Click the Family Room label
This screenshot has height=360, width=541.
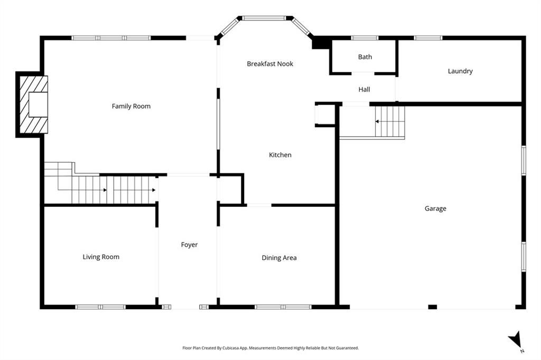[131, 106]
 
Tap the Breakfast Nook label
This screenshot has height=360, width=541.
[270, 64]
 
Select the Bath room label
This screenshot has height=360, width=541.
[365, 57]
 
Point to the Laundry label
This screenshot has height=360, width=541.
[460, 71]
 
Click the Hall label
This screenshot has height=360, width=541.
[364, 90]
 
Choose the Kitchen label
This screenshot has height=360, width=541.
[280, 155]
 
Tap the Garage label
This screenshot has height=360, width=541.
[435, 209]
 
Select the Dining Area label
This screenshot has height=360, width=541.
[279, 258]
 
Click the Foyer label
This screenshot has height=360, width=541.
[189, 245]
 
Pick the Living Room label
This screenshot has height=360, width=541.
[101, 257]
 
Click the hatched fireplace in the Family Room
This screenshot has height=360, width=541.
[33, 105]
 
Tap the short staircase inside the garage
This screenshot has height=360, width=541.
[390, 121]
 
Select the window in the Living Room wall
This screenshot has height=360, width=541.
[100, 307]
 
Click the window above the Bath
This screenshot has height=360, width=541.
[365, 38]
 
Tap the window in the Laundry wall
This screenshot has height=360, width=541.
[428, 38]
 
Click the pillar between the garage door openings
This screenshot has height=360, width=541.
[432, 307]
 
